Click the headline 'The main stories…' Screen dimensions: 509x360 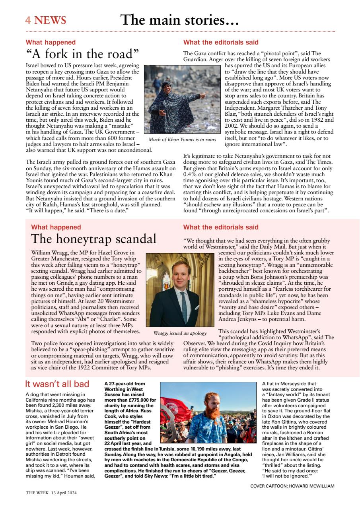pyautogui.click(x=179, y=20)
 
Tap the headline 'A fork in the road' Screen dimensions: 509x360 pyautogui.click(x=82, y=54)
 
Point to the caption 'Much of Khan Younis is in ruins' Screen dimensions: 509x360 pyautogui.click(x=182, y=139)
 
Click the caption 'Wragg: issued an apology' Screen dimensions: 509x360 pyautogui.click(x=180, y=333)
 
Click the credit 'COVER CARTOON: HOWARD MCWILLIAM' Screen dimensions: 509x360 pyautogui.click(x=292, y=486)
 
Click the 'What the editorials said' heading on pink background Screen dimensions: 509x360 pyautogui.click(x=221, y=227)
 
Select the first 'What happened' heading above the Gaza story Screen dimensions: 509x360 pyautogui.click(x=51, y=42)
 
